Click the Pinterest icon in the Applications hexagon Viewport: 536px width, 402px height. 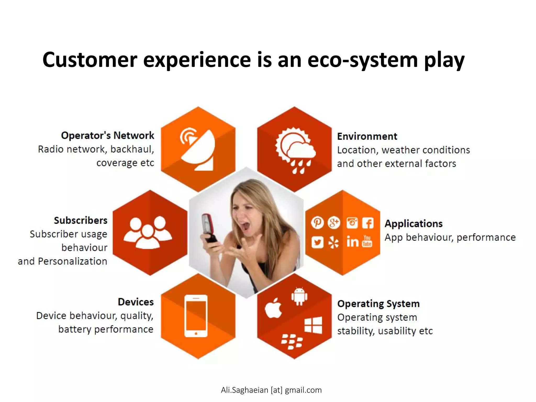[x=317, y=223]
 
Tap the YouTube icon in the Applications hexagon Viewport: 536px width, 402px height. [x=367, y=241]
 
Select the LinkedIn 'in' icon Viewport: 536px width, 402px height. [x=352, y=242]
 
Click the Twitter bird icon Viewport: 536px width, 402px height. [x=317, y=242]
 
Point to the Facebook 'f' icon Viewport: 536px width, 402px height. [x=368, y=223]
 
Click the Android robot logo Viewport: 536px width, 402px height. [x=299, y=296]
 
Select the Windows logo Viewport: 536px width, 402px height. [x=313, y=325]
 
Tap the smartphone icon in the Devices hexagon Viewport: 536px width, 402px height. [x=196, y=316]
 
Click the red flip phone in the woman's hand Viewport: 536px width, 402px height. [x=209, y=230]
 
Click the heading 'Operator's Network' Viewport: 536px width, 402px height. [x=108, y=135]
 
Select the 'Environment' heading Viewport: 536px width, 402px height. [x=367, y=136]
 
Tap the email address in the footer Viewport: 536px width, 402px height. [x=271, y=390]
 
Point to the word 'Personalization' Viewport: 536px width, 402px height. [x=72, y=261]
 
